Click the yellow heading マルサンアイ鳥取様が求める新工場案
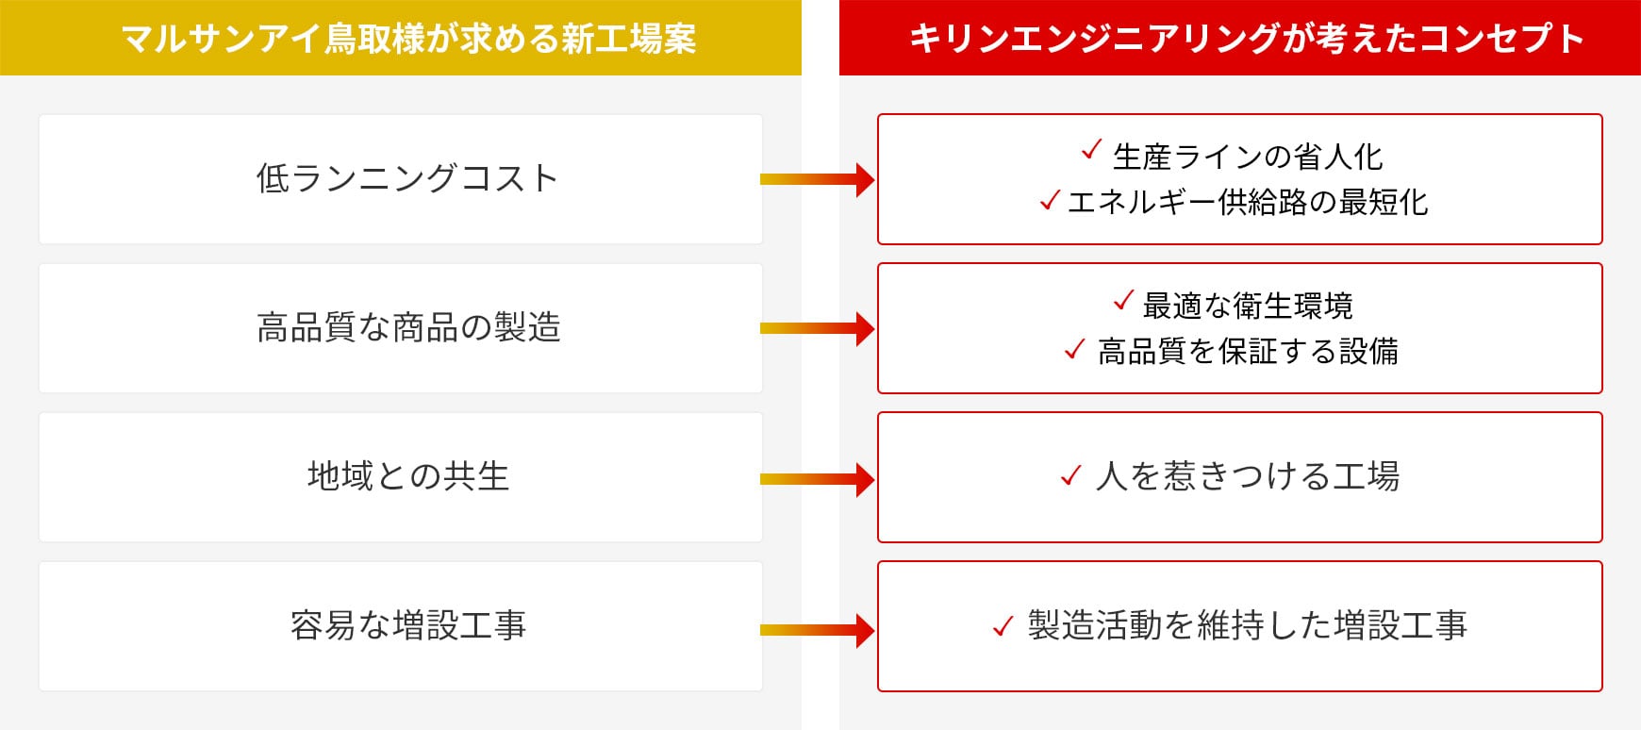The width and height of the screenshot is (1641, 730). (x=408, y=39)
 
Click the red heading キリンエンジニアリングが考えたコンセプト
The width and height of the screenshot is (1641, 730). (x=1246, y=39)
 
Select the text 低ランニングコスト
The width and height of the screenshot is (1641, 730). (x=407, y=178)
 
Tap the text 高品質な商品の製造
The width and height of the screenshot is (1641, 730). (x=408, y=327)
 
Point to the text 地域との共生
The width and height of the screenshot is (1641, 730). (x=408, y=476)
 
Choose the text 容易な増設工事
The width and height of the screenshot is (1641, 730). (x=408, y=625)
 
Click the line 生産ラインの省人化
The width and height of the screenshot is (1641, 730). (x=1248, y=157)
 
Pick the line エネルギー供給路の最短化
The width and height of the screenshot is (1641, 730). (x=1248, y=202)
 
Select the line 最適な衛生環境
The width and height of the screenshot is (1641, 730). (x=1248, y=306)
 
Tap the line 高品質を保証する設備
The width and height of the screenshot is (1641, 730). (x=1248, y=351)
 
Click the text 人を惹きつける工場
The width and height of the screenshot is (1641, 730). (x=1248, y=476)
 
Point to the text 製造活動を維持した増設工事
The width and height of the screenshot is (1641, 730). (x=1248, y=625)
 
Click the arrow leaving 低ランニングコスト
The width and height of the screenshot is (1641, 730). (x=818, y=179)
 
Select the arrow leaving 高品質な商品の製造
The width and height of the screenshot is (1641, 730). (x=818, y=328)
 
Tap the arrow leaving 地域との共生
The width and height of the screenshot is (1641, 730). (x=818, y=479)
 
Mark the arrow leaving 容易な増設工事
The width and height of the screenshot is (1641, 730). (x=818, y=629)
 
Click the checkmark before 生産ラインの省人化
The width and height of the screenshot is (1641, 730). (x=1091, y=149)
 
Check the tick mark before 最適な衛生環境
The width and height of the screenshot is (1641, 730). (x=1122, y=300)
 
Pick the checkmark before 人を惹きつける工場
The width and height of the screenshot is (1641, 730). (x=1070, y=475)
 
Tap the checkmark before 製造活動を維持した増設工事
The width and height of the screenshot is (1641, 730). (x=1003, y=626)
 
